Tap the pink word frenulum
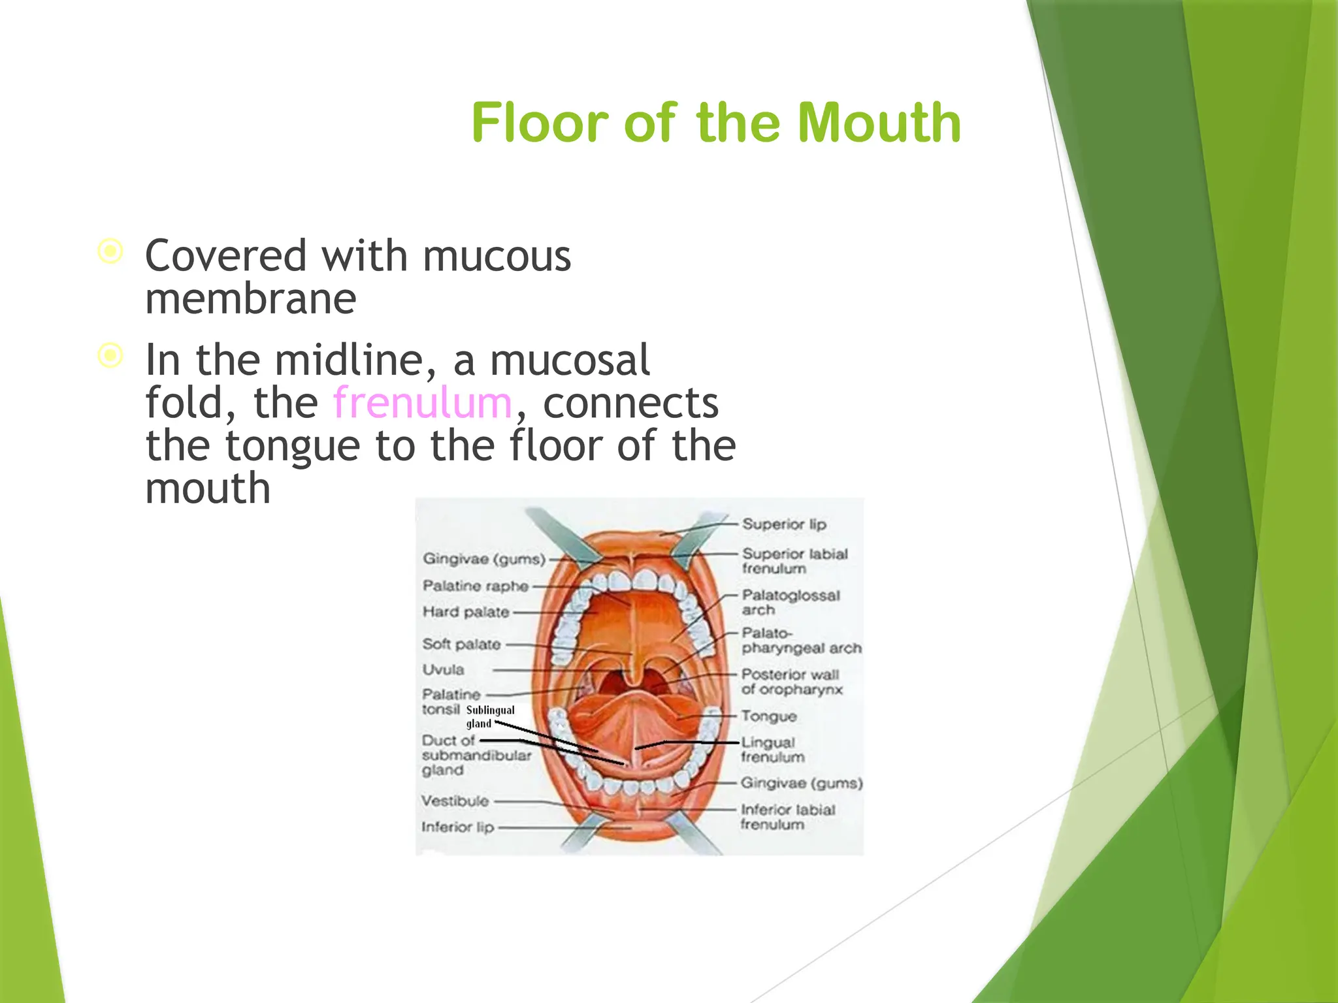click(422, 403)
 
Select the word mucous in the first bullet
click(497, 255)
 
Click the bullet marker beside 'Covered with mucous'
click(110, 251)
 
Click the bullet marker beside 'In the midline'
click(110, 356)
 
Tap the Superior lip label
click(784, 524)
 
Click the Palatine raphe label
click(475, 586)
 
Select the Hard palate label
click(466, 612)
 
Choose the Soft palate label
click(461, 644)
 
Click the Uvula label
click(443, 669)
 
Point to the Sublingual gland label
click(490, 716)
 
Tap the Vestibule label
click(455, 801)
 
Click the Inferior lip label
click(457, 827)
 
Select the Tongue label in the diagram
click(769, 716)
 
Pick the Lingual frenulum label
click(772, 750)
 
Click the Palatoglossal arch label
click(791, 602)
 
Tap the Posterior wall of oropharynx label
click(791, 682)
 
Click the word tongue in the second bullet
click(292, 446)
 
